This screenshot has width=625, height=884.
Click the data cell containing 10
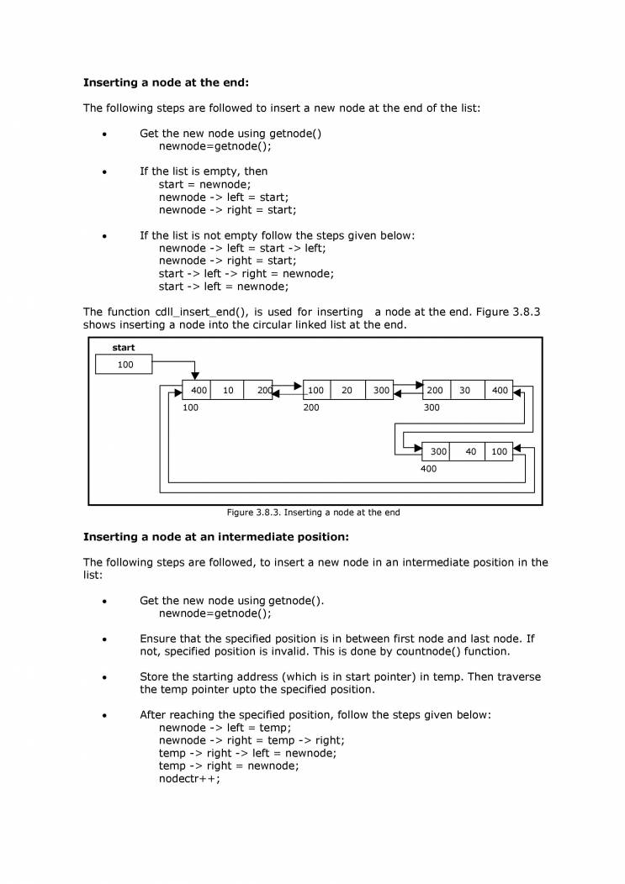228,390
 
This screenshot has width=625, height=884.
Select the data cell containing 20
347,390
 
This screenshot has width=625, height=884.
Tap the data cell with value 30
465,390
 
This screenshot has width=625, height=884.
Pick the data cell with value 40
470,451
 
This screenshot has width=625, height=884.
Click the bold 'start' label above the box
124,348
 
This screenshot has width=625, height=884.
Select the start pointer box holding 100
124,365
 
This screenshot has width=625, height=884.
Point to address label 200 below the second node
311,407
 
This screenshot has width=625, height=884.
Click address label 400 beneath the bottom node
428,469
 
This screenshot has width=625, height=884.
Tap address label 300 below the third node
432,407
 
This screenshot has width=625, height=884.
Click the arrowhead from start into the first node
195,376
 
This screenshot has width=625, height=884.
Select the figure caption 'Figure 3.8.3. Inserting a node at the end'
313,512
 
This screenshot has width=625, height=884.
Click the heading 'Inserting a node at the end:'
166,82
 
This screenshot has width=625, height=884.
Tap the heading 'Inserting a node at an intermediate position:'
215,536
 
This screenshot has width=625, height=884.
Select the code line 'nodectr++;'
189,778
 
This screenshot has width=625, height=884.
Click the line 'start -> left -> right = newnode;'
246,273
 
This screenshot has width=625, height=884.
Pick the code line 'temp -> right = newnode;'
229,766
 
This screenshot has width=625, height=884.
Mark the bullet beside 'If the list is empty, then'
104,171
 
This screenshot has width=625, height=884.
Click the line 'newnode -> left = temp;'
225,728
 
